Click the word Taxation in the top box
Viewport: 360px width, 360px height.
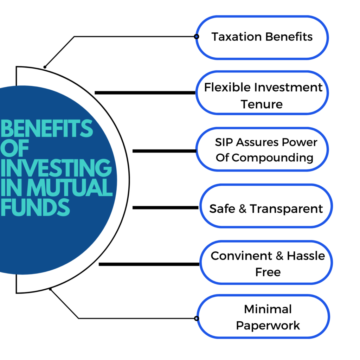point(237,37)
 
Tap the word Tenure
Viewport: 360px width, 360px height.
point(262,104)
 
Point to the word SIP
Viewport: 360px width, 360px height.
point(224,142)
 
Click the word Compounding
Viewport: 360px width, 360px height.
point(272,158)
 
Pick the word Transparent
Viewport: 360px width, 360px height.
point(286,209)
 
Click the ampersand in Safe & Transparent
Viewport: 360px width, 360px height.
point(243,209)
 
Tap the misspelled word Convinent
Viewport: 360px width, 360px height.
point(242,256)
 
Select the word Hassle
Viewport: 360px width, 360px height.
point(306,256)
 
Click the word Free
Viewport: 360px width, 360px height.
point(268,272)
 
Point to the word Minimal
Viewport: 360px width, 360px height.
point(268,309)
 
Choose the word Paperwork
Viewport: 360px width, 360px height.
point(268,326)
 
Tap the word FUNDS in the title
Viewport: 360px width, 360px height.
point(35,207)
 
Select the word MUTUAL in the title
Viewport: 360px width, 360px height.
point(70,187)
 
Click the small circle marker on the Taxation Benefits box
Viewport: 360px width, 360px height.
point(196,37)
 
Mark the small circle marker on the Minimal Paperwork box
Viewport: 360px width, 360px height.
point(196,319)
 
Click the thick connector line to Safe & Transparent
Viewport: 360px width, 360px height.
point(165,207)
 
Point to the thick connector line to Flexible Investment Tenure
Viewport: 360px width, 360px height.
point(145,93)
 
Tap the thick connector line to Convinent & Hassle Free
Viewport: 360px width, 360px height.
point(149,264)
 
